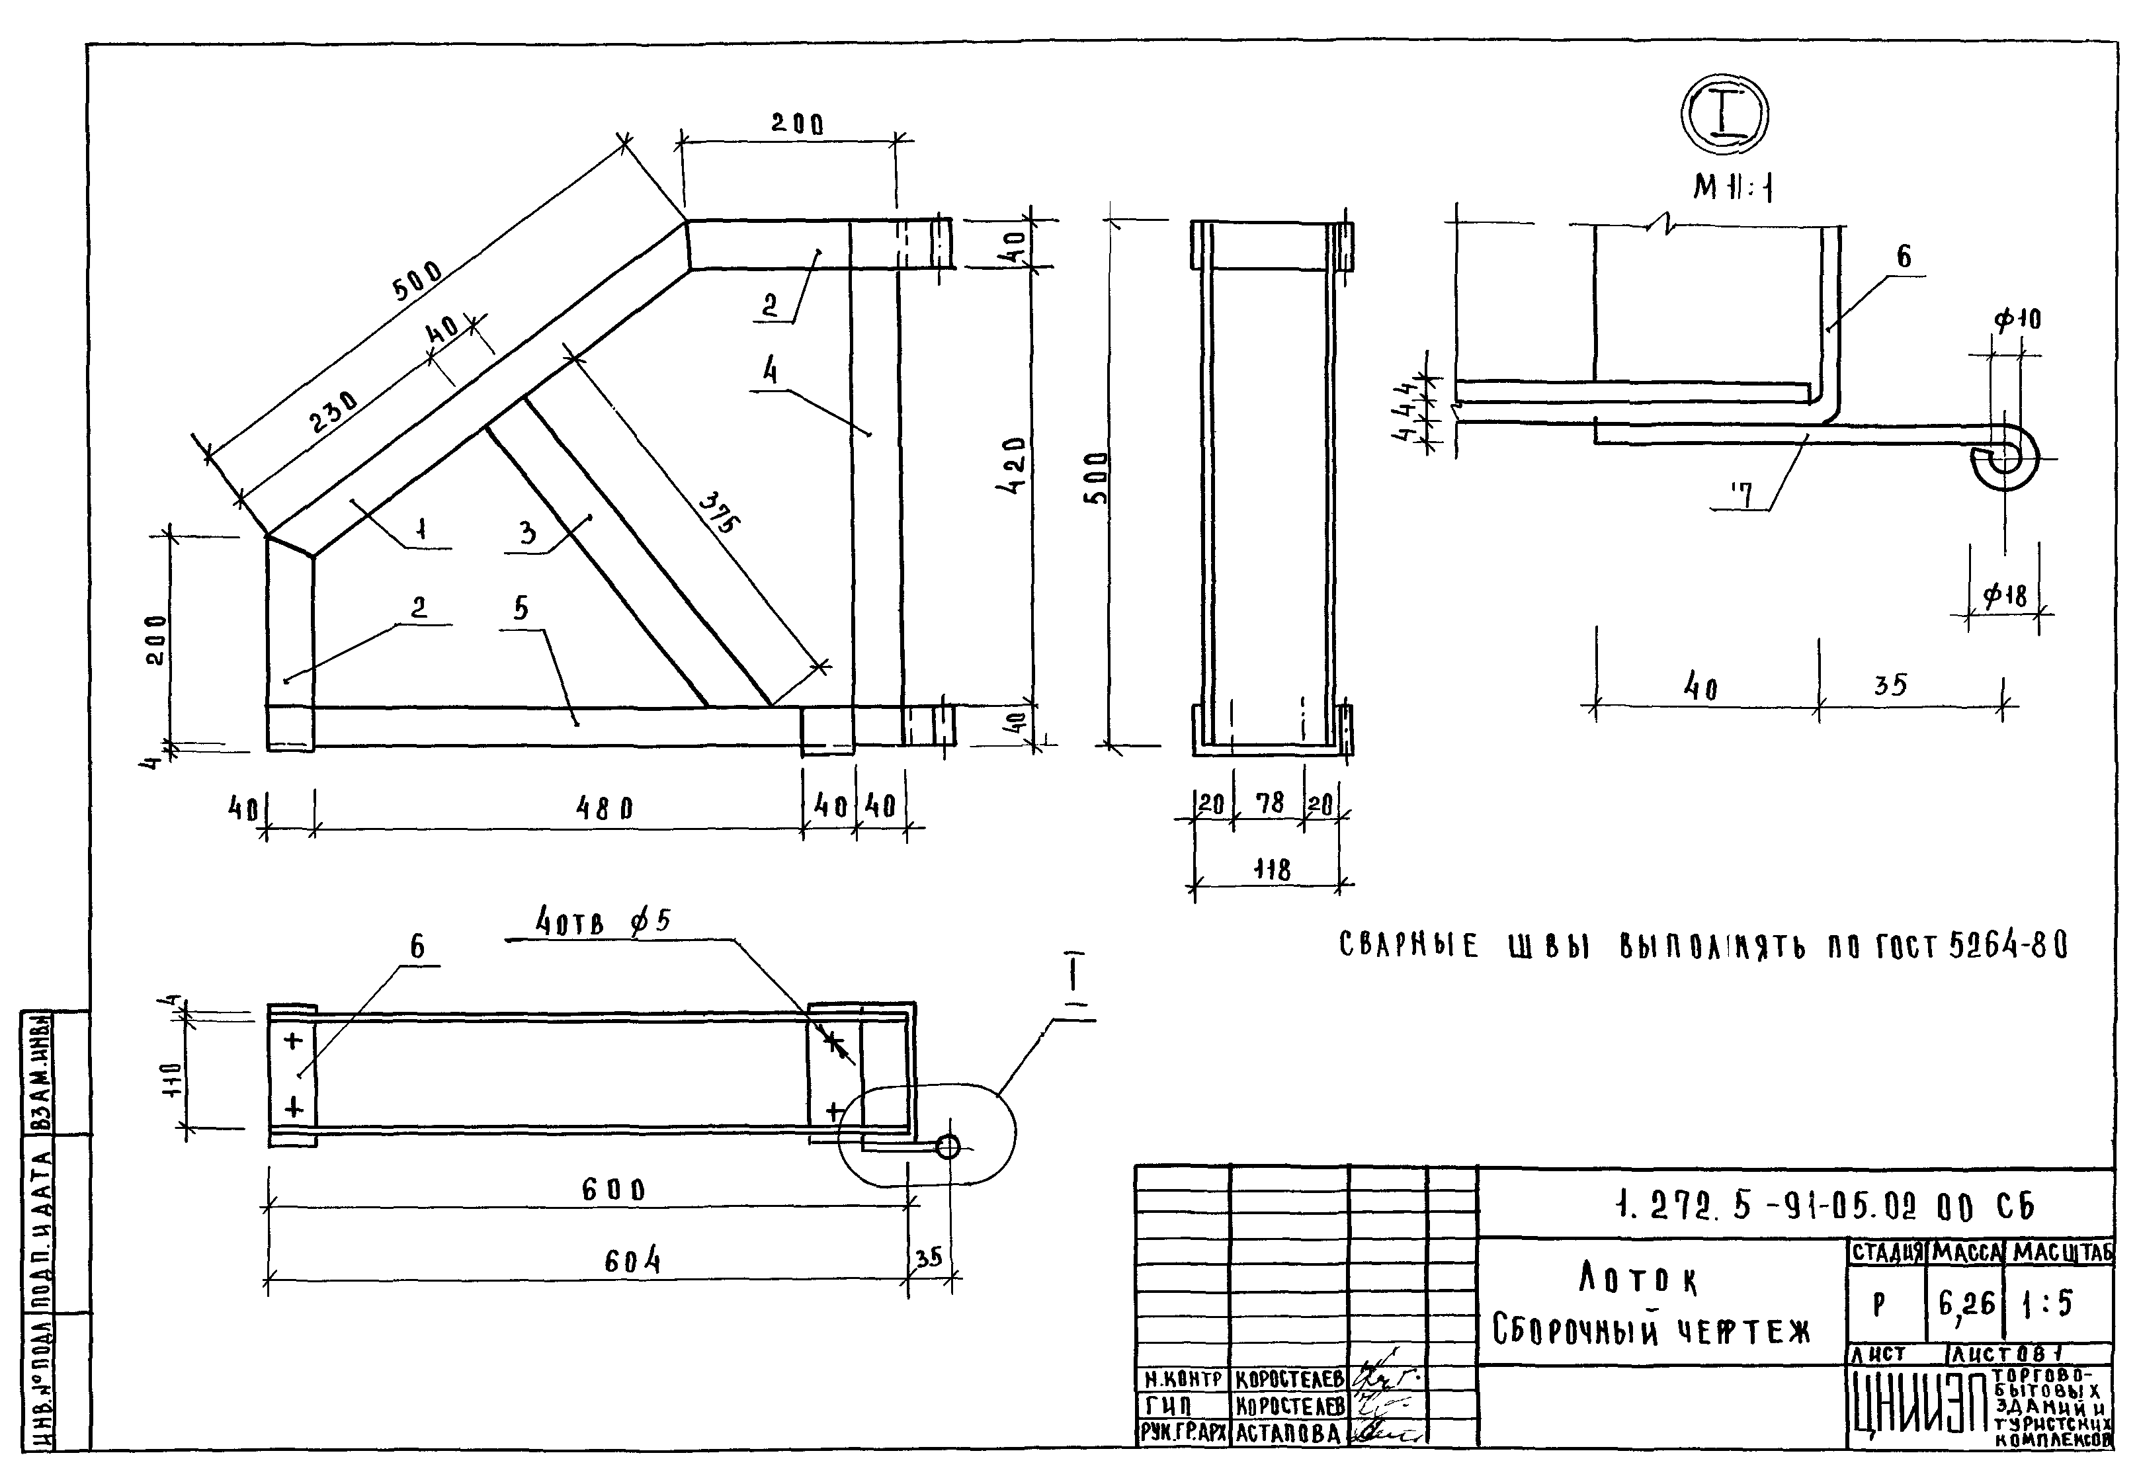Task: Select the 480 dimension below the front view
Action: tap(605, 808)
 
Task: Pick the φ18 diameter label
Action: tap(2004, 595)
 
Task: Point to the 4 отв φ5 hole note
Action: tap(603, 923)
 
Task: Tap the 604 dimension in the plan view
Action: tap(632, 1262)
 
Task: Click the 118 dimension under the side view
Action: tap(1271, 870)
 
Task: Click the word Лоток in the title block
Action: tap(1638, 1280)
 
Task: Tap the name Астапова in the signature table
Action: tap(1288, 1433)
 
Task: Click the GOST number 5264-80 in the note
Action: tap(2009, 946)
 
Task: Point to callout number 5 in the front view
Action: tap(521, 608)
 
